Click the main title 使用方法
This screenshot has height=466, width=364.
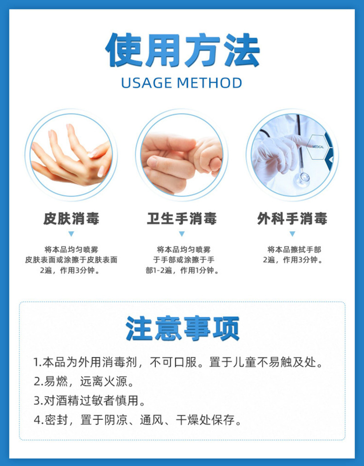click(182, 50)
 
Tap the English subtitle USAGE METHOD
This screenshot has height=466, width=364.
click(182, 83)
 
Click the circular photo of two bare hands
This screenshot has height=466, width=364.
click(71, 155)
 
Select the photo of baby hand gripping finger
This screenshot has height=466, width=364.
click(182, 155)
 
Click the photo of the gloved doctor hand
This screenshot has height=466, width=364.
click(291, 155)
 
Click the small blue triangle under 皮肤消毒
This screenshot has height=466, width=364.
click(71, 234)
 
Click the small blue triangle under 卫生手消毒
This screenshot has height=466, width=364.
click(182, 234)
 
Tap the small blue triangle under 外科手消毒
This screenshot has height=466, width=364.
click(292, 234)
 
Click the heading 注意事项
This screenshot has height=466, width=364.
click(182, 329)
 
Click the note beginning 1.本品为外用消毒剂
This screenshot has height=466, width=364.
click(178, 363)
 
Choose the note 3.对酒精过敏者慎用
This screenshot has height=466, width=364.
click(89, 400)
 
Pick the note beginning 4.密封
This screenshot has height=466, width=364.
click(138, 419)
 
